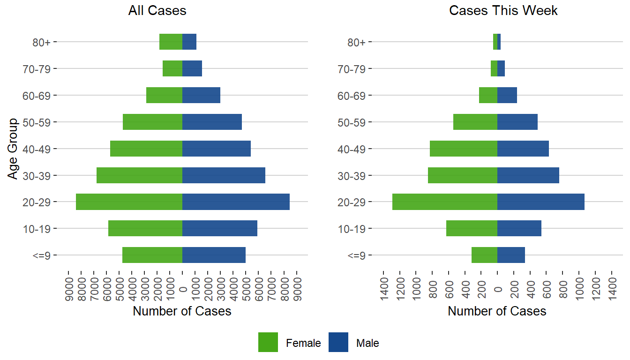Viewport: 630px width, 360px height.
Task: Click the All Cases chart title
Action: pyautogui.click(x=157, y=11)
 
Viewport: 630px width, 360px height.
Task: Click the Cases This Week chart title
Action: pyautogui.click(x=503, y=11)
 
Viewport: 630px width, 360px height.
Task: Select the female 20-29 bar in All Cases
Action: pyautogui.click(x=129, y=202)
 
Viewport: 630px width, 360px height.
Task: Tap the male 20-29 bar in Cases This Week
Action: pyautogui.click(x=540, y=202)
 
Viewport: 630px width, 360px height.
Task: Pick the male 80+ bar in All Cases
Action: pyautogui.click(x=189, y=42)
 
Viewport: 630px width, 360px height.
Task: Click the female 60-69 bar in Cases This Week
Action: pyautogui.click(x=488, y=95)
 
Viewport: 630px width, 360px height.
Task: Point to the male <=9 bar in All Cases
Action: pyautogui.click(x=214, y=255)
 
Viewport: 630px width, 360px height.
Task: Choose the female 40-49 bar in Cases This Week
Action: pyautogui.click(x=463, y=149)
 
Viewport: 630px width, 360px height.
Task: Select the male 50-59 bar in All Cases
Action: pyautogui.click(x=212, y=122)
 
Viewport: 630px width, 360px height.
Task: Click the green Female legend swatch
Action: pyautogui.click(x=268, y=343)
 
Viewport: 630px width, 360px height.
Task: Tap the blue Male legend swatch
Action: pyautogui.click(x=338, y=343)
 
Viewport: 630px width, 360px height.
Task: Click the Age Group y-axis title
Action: pyautogui.click(x=13, y=149)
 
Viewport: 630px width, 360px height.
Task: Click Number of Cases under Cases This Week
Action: pyautogui.click(x=497, y=311)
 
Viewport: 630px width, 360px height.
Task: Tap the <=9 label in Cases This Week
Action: pyautogui.click(x=360, y=255)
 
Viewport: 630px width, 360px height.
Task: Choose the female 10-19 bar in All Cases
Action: pyautogui.click(x=145, y=229)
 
